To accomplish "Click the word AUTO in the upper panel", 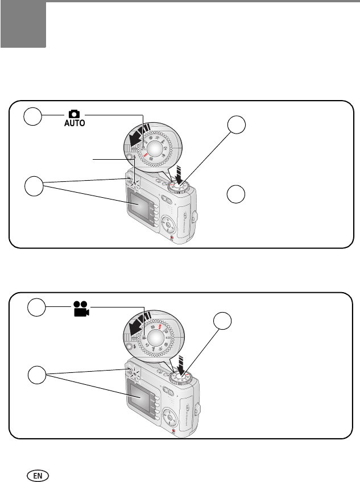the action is pyautogui.click(x=75, y=123).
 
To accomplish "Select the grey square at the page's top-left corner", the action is pyautogui.click(x=23, y=24).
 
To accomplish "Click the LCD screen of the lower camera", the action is pyautogui.click(x=139, y=397).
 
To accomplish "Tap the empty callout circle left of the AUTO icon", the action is pyautogui.click(x=33, y=118).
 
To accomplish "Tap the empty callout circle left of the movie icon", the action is pyautogui.click(x=36, y=308).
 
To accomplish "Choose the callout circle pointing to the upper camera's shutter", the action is pyautogui.click(x=238, y=126).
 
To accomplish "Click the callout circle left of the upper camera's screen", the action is pyautogui.click(x=34, y=186).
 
